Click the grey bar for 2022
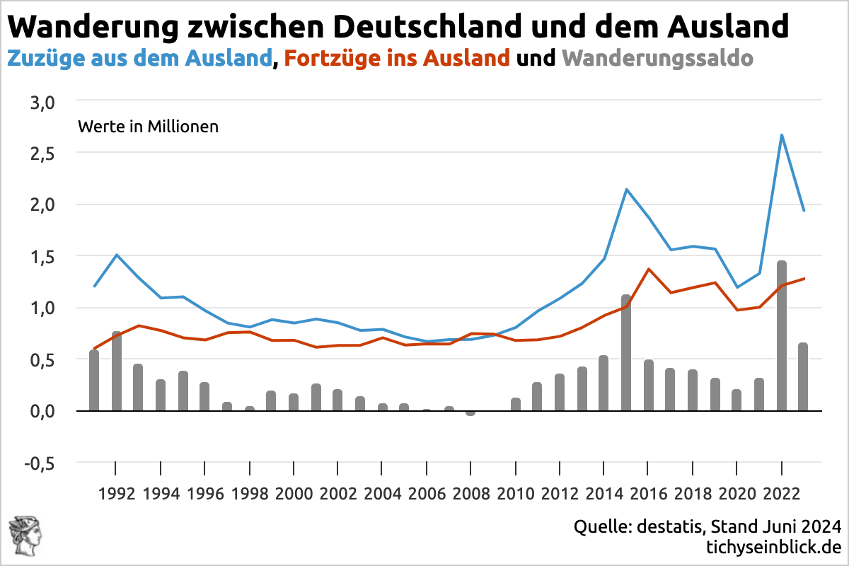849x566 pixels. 781,336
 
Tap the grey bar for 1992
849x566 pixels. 116,371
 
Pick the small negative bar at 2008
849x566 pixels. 470,413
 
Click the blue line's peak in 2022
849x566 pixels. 781,134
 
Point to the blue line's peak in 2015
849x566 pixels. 626,189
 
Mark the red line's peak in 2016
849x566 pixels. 648,269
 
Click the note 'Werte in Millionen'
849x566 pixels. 148,127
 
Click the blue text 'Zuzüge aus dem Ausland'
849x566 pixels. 139,58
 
